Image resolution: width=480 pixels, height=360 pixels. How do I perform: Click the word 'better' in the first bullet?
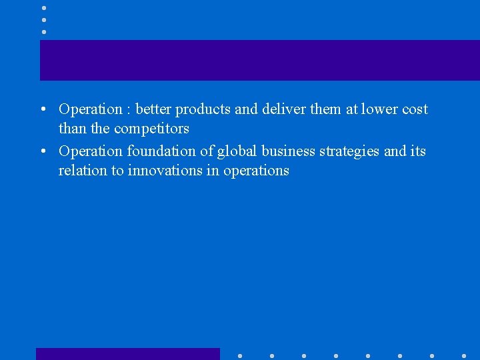tap(153, 109)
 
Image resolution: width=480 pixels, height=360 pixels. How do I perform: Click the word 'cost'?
tap(415, 109)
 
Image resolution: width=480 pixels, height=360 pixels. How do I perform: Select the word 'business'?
tap(288, 151)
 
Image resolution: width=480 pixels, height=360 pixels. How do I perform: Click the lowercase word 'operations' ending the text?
tap(256, 171)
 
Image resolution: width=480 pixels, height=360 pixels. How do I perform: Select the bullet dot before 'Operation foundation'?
tap(42, 152)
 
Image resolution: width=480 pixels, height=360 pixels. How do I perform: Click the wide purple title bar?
tap(260, 60)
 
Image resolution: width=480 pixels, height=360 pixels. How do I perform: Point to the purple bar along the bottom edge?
tap(127, 354)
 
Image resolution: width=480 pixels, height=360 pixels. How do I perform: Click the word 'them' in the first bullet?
tap(326, 109)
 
